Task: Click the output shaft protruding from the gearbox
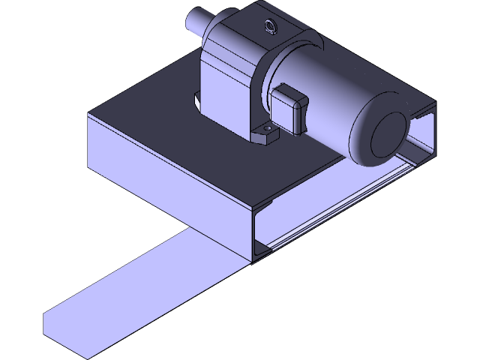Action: click(x=204, y=22)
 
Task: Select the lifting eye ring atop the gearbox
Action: click(x=268, y=27)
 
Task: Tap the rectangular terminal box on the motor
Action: click(x=291, y=110)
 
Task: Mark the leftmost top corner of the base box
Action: click(x=89, y=115)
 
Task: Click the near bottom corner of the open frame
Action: click(x=255, y=259)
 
